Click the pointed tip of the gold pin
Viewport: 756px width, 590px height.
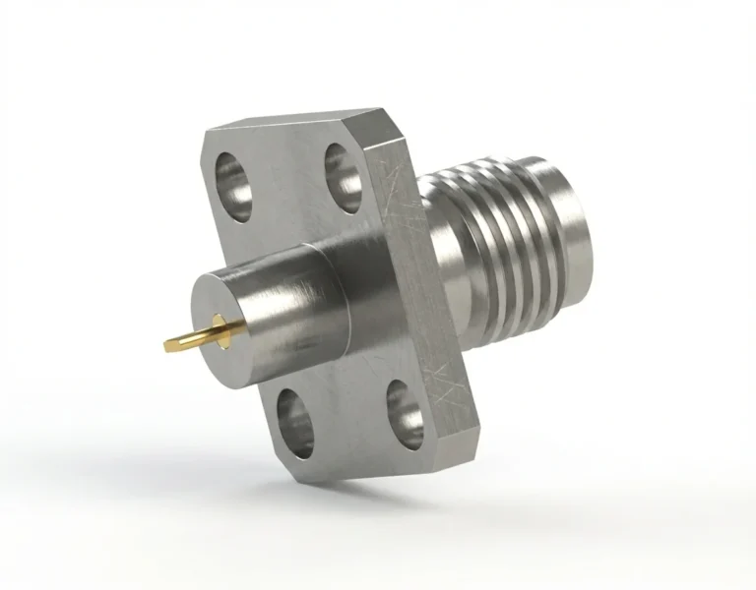pyautogui.click(x=167, y=345)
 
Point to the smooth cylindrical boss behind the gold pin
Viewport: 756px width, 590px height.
pyautogui.click(x=295, y=305)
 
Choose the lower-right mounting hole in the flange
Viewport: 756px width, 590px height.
pyautogui.click(x=405, y=407)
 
